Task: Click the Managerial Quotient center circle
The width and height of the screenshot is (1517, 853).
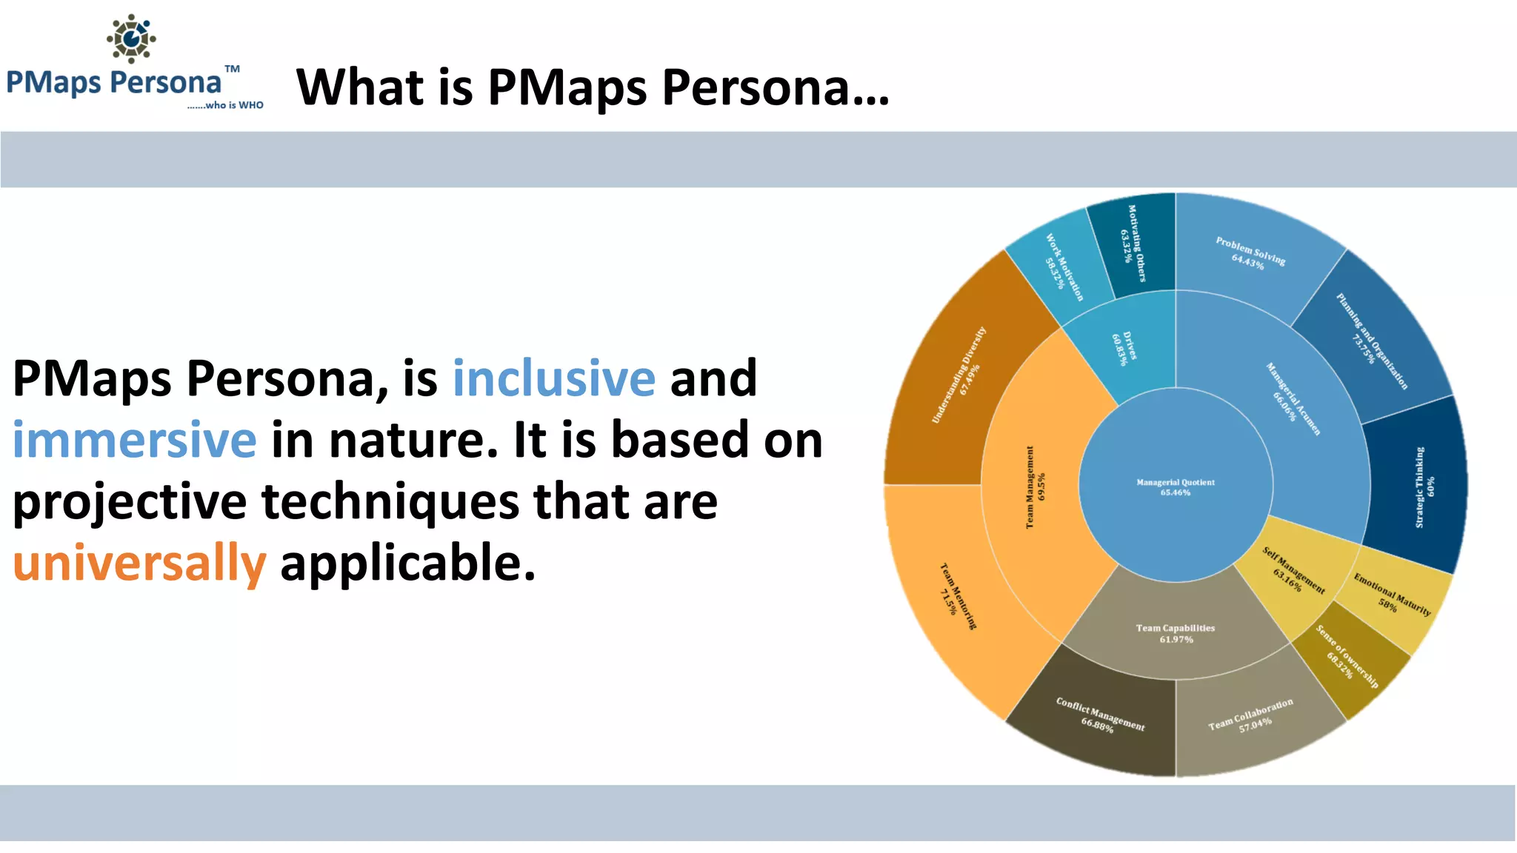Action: pos(1176,486)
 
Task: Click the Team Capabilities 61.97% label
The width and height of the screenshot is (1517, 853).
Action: pos(1176,634)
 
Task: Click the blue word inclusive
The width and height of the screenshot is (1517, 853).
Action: pos(553,378)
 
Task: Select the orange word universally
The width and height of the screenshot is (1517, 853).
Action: pos(139,563)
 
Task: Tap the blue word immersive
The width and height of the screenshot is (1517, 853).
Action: pos(135,440)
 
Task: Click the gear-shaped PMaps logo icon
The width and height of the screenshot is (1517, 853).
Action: pos(132,38)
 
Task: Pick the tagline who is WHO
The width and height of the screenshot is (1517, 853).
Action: pos(226,105)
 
